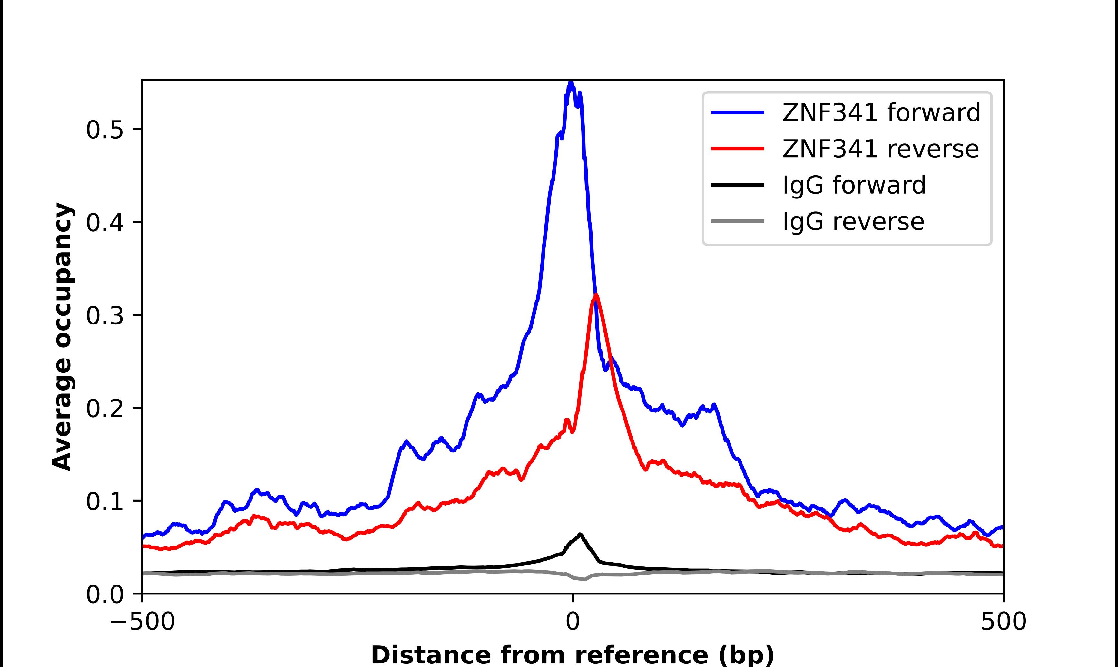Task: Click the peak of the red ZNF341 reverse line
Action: [x=596, y=295]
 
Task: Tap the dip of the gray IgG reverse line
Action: [x=584, y=579]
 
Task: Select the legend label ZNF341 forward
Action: [x=881, y=112]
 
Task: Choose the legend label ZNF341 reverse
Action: [x=880, y=149]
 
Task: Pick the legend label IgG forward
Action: [x=854, y=185]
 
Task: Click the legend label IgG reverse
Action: [x=853, y=222]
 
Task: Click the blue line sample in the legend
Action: [x=738, y=112]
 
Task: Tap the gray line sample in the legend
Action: [x=738, y=221]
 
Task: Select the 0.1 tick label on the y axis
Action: [x=104, y=502]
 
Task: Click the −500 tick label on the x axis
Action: [x=142, y=622]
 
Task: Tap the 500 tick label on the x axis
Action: [x=1003, y=622]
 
